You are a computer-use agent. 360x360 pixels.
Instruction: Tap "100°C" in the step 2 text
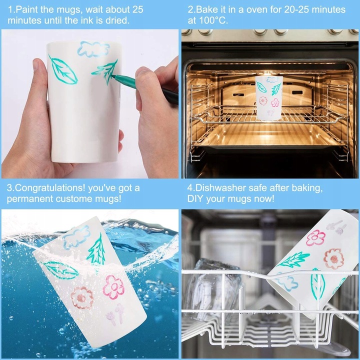coord(212,20)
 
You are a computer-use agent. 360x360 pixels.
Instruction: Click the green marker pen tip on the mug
coord(113,75)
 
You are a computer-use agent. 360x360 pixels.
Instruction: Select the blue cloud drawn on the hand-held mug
coord(93,48)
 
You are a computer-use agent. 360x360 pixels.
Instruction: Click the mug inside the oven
coord(269,98)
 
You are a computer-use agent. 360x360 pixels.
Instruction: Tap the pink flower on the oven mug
coord(275,102)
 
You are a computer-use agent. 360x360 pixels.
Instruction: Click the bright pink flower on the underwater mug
coord(113,287)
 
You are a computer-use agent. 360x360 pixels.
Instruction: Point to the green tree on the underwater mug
coord(97,250)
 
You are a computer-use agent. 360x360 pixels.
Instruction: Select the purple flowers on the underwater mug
coord(115,314)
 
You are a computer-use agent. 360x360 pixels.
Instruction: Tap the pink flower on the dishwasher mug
coord(315,238)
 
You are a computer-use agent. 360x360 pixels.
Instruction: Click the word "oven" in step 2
coord(256,10)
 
